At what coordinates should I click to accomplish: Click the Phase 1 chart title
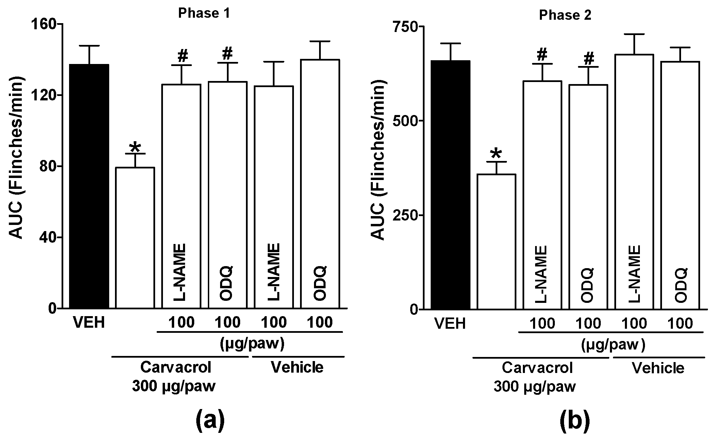pos(204,13)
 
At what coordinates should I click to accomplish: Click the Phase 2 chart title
pos(565,15)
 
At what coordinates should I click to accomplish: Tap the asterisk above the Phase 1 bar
pos(135,147)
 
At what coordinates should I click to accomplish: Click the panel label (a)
pos(210,421)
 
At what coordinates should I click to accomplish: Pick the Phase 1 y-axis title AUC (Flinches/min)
pos(16,158)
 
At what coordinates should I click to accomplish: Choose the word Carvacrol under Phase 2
pos(537,368)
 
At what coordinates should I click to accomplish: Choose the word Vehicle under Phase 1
pos(297,367)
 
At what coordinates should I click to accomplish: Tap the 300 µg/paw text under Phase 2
pos(534,387)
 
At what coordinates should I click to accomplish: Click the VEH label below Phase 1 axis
pos(89,323)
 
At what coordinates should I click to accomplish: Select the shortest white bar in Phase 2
pos(496,242)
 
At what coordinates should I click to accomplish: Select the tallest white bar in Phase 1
pos(320,184)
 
